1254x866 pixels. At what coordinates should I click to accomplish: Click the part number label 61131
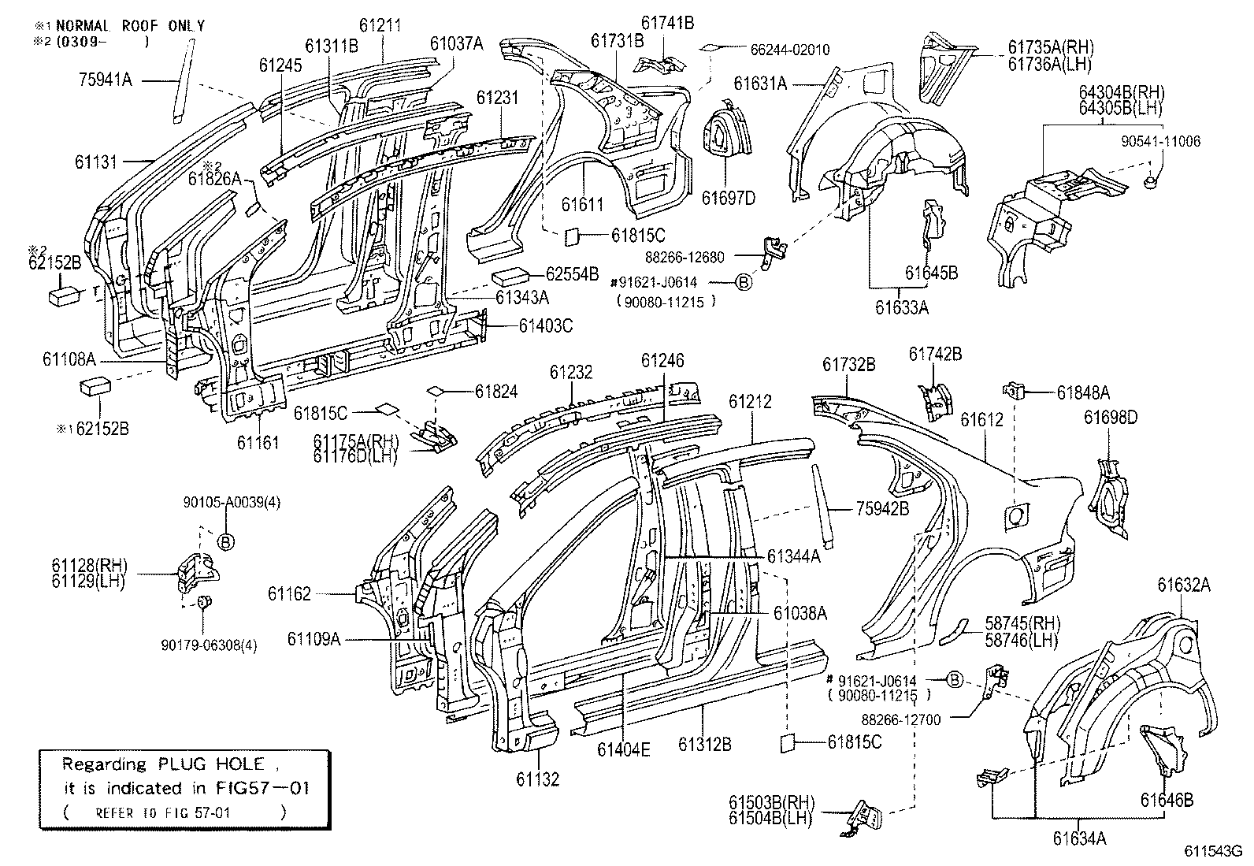pos(96,162)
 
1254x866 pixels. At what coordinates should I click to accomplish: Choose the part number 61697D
pos(729,198)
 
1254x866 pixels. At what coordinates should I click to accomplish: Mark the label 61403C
pos(546,325)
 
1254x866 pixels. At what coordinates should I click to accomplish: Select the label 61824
pos(496,391)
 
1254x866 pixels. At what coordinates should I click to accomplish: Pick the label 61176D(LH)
pos(356,455)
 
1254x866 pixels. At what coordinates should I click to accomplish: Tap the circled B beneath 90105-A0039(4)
pos(225,541)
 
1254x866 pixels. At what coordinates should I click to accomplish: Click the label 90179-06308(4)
pos(209,645)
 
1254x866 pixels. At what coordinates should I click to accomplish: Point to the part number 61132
pos(538,779)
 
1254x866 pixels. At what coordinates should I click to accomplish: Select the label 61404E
pos(624,749)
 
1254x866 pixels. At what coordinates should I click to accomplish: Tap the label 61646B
pos(1167,801)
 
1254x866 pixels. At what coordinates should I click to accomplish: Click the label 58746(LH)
pos(1022,639)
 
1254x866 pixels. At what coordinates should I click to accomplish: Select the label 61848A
pos(1083,392)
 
